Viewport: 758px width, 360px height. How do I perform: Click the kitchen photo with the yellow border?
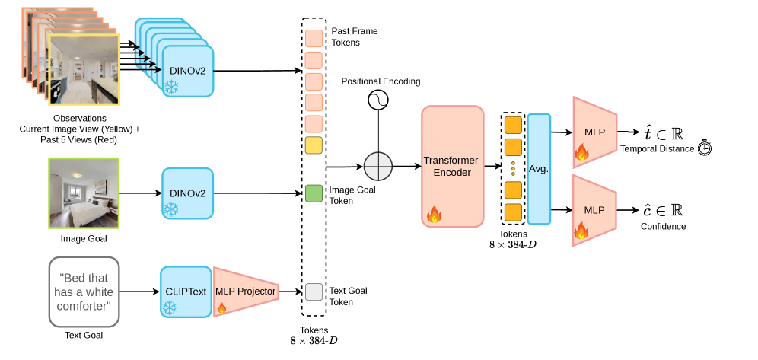point(84,69)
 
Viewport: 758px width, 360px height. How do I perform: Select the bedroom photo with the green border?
point(84,193)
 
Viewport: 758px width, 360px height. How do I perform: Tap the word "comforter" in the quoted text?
point(84,306)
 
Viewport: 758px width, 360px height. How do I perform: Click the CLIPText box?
point(186,292)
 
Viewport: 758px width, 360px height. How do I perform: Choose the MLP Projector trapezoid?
point(245,292)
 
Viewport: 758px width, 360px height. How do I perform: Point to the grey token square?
point(314,292)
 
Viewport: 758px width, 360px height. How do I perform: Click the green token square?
point(314,193)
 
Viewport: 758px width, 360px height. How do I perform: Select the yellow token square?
point(314,145)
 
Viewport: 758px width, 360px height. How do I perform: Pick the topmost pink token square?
point(314,39)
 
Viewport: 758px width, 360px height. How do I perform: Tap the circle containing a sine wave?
point(378,100)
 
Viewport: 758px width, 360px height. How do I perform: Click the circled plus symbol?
point(378,166)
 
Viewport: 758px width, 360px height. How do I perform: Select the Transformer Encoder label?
point(451,166)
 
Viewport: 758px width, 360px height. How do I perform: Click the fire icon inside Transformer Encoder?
point(434,214)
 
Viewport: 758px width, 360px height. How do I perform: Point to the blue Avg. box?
point(539,168)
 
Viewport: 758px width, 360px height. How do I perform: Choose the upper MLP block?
point(594,131)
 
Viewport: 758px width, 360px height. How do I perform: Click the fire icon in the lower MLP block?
point(581,230)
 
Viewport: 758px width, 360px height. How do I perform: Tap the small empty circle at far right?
point(704,149)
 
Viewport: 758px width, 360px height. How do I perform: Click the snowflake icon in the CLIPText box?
point(169,308)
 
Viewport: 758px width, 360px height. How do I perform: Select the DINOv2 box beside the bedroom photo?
point(188,193)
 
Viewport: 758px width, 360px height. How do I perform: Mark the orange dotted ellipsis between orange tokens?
point(513,168)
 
